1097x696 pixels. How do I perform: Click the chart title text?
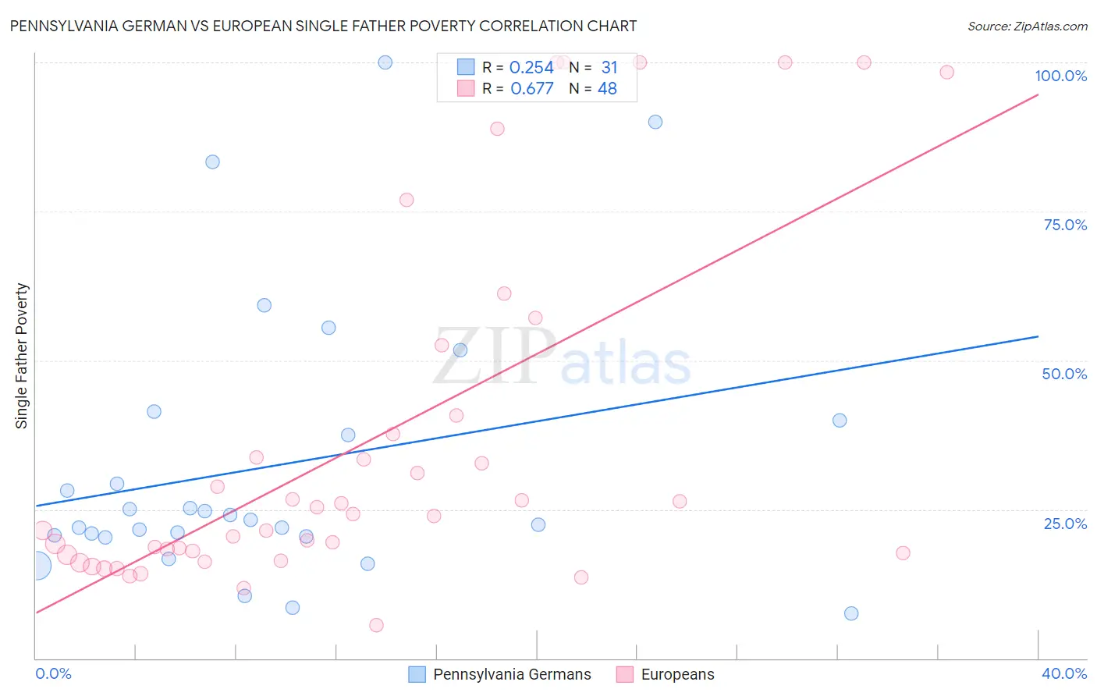323,26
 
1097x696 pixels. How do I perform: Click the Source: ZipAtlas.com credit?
1027,26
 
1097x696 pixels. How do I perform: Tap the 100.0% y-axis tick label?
1060,76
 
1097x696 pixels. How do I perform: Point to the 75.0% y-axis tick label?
1065,225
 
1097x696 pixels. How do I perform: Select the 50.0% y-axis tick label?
1064,374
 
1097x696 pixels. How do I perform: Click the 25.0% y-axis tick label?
1065,524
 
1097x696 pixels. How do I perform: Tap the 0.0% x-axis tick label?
54,673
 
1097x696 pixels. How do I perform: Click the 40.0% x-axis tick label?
1064,673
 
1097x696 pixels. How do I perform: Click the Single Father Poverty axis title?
22,356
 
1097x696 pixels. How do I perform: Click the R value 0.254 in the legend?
531,68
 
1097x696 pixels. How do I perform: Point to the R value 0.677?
531,89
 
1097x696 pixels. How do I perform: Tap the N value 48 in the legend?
607,89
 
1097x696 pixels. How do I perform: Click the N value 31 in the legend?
609,68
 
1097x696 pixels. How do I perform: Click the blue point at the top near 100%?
385,62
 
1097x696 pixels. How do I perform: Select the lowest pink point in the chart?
376,625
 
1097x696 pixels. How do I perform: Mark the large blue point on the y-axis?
37,566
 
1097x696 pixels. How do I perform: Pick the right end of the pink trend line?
1038,94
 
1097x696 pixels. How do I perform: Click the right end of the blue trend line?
1038,336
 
